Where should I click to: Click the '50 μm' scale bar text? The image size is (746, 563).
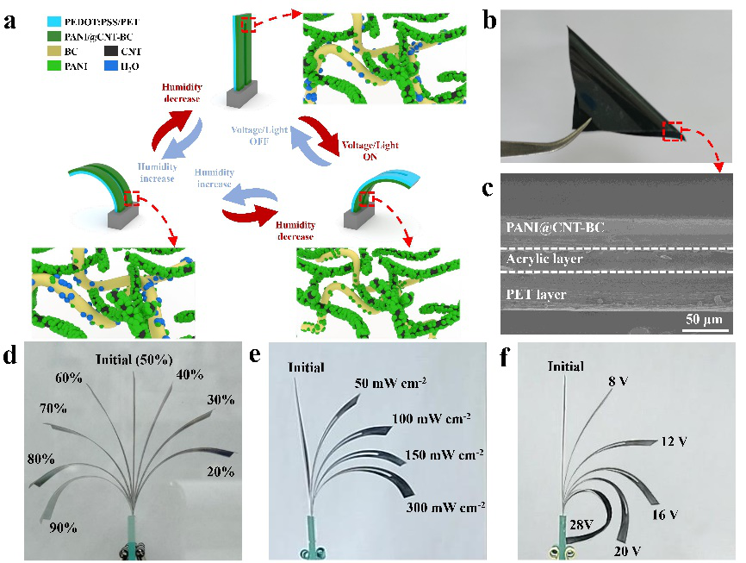[705, 321]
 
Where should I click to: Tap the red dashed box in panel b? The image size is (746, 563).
[672, 132]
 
